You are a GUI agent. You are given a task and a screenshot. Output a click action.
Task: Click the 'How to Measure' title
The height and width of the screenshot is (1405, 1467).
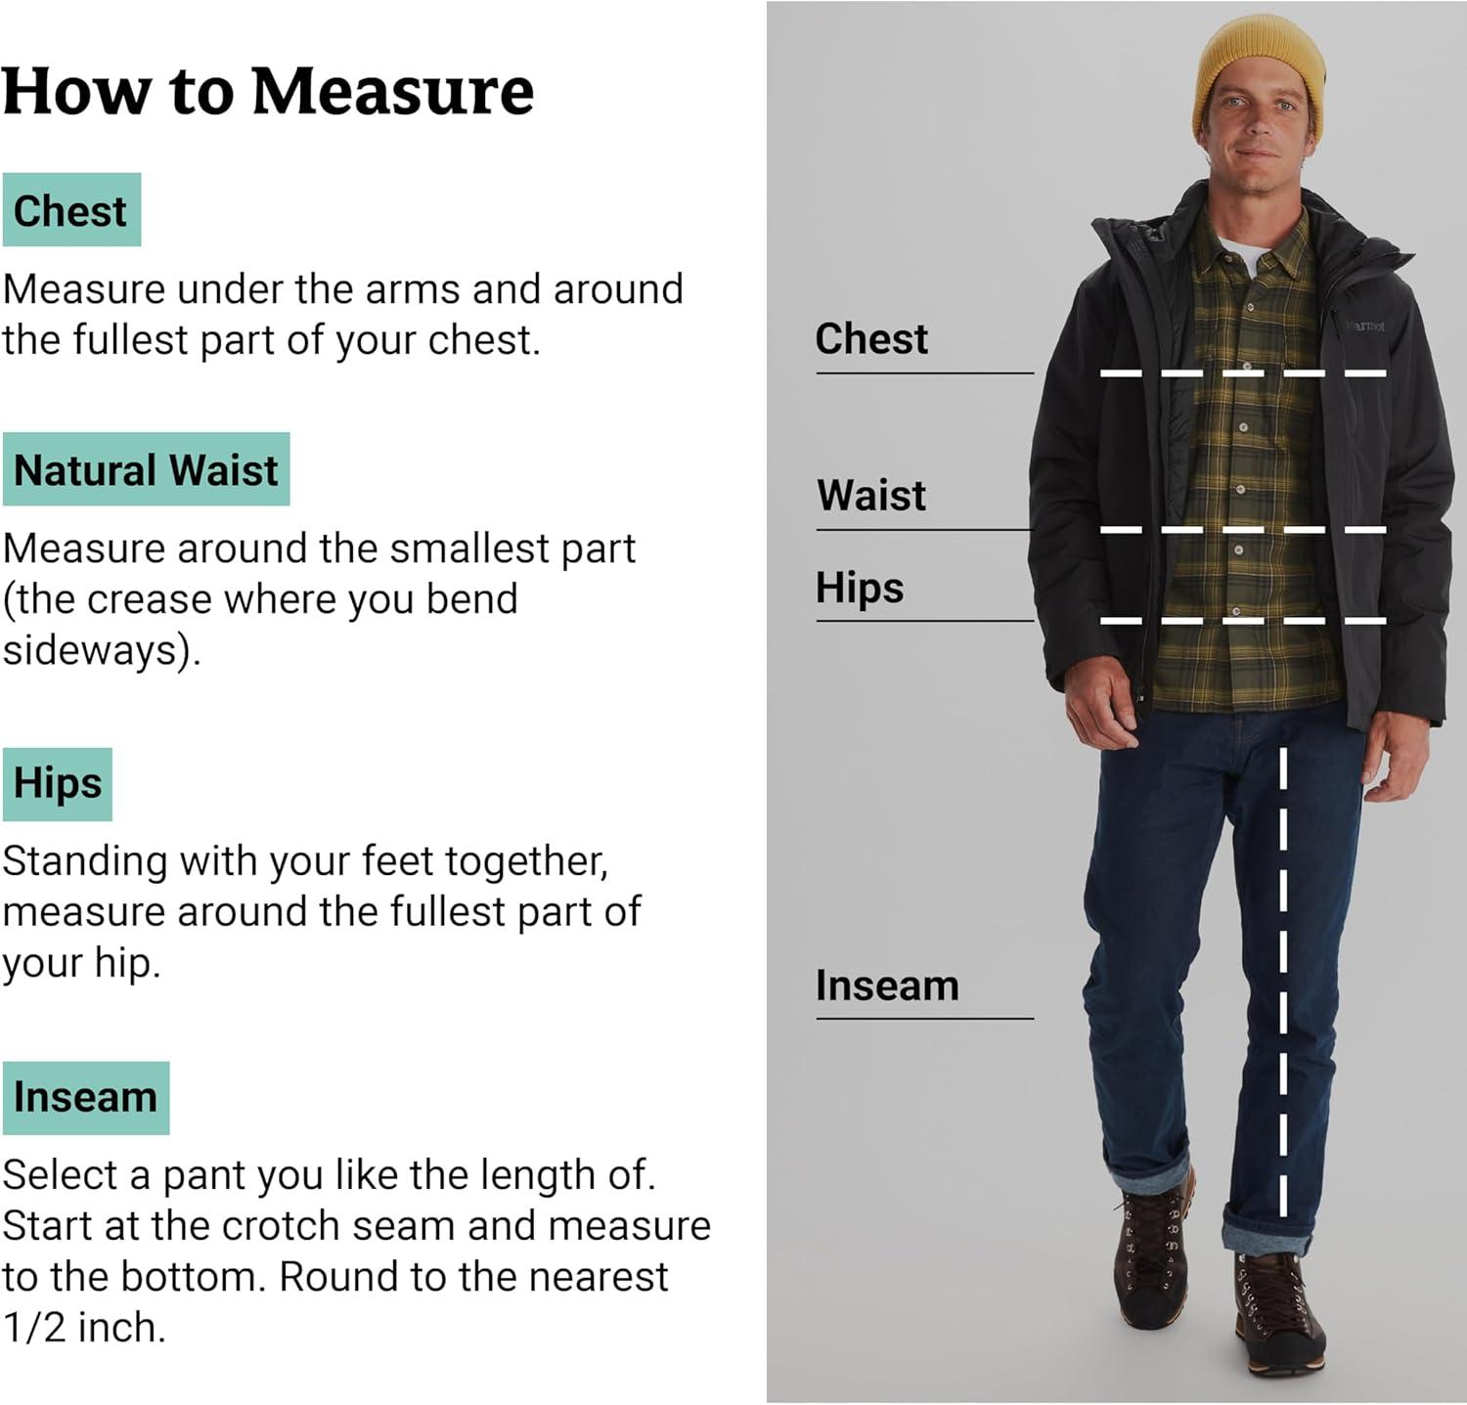pyautogui.click(x=268, y=92)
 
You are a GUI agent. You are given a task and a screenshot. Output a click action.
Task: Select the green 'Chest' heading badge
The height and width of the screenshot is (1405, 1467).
pyautogui.click(x=71, y=210)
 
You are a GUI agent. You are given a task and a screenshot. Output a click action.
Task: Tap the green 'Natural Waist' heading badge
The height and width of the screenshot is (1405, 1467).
pyautogui.click(x=146, y=469)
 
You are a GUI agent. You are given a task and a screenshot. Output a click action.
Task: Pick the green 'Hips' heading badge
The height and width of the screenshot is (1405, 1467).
pyautogui.click(x=58, y=784)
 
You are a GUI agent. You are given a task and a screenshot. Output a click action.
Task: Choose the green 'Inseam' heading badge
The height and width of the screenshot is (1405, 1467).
pyautogui.click(x=86, y=1098)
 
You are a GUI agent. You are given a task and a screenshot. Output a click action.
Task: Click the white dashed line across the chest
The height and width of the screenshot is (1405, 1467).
pyautogui.click(x=1243, y=373)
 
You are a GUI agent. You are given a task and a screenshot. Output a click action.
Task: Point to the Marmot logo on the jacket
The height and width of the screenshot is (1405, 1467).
pyautogui.click(x=1364, y=326)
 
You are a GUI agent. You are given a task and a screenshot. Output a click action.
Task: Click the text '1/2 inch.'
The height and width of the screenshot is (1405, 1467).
pyautogui.click(x=84, y=1328)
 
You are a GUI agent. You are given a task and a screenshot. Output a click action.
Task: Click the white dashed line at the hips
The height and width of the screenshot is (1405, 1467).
pyautogui.click(x=1243, y=621)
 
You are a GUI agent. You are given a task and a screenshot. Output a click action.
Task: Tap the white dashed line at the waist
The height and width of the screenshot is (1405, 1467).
pyautogui.click(x=1243, y=530)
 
